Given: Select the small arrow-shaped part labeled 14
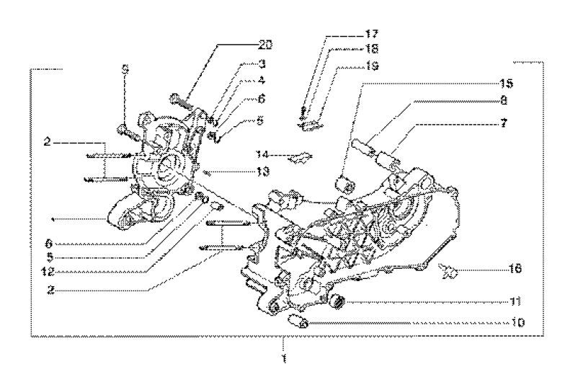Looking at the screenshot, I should (301, 156).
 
